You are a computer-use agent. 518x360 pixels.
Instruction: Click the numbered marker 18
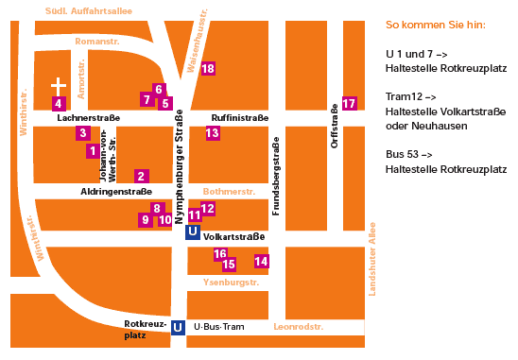[x=208, y=69]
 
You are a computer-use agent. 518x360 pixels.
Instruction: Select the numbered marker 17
[x=350, y=103]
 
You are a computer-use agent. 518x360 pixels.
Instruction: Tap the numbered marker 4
[x=59, y=103]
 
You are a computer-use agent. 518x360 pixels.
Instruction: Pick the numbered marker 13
[x=212, y=133]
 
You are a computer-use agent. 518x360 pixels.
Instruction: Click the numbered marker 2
[x=141, y=176]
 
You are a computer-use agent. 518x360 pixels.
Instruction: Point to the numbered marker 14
[x=262, y=261]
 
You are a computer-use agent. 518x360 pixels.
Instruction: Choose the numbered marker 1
[x=92, y=150]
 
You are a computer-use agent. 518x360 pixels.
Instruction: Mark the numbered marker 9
[x=145, y=219]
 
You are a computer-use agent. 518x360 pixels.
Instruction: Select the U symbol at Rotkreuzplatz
[x=177, y=327]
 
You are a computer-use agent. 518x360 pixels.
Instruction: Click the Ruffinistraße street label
[x=240, y=118]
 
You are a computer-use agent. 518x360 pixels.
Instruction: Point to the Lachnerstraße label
[x=88, y=118]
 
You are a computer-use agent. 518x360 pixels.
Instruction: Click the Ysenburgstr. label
[x=231, y=283]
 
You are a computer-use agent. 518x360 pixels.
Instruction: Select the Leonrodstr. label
[x=298, y=327]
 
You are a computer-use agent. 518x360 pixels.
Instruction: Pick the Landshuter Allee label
[x=372, y=258]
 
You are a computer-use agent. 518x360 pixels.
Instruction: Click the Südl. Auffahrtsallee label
[x=89, y=10]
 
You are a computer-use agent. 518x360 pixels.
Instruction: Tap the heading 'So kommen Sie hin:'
[x=436, y=25]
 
